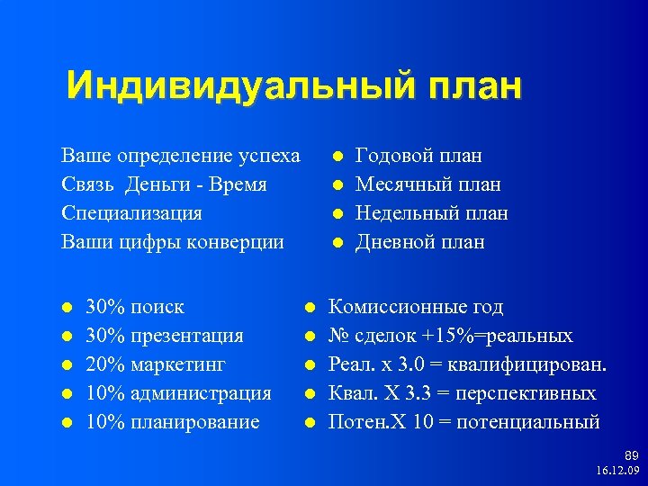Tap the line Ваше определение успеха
(181, 156)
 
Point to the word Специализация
(131, 213)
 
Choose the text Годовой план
(418, 156)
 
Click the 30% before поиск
(105, 307)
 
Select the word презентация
(187, 336)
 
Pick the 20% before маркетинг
(105, 364)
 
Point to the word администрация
(201, 393)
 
